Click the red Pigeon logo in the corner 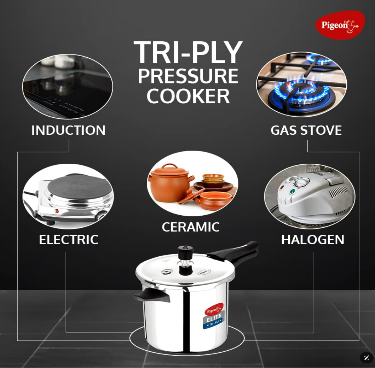click(340, 25)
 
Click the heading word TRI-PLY click(188, 52)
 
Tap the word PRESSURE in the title click(188, 76)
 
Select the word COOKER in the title click(188, 96)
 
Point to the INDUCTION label click(68, 130)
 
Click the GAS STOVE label click(306, 130)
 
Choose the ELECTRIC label click(68, 239)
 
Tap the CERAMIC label click(190, 227)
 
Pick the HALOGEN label click(312, 239)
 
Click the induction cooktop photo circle click(68, 87)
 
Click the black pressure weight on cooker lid click(185, 253)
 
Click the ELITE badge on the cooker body click(214, 316)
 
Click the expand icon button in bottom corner click(367, 358)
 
